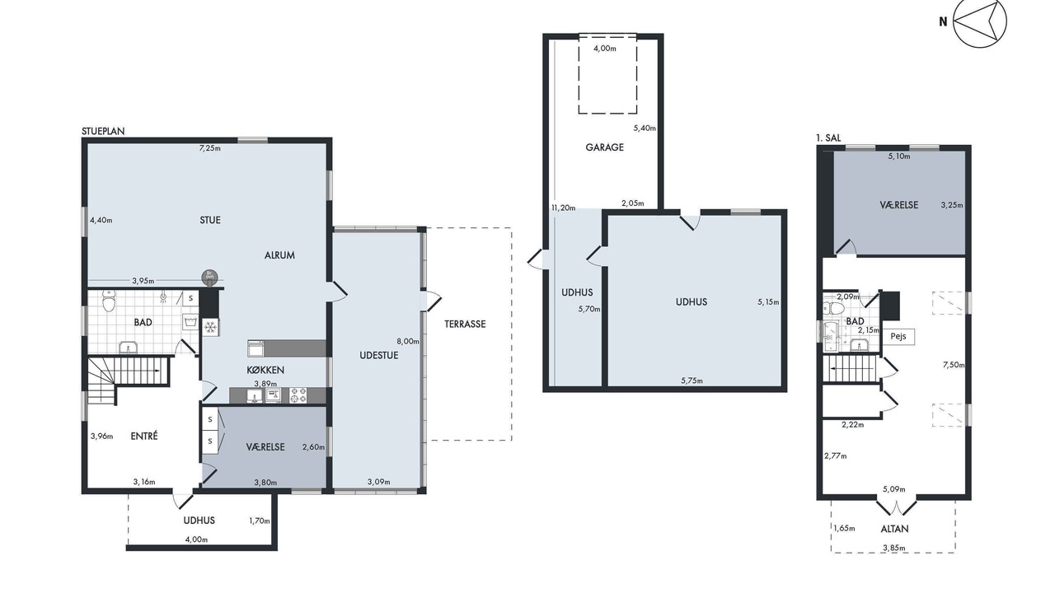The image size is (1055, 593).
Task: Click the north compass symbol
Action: (980, 21)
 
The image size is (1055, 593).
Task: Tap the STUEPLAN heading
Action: (103, 131)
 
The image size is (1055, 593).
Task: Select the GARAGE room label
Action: (604, 147)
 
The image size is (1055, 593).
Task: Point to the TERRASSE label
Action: (465, 324)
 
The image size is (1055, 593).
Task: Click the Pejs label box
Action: (898, 337)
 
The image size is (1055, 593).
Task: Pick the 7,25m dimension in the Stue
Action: (210, 148)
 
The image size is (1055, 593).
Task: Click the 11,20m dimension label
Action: (563, 208)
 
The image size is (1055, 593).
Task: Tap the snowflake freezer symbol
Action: (210, 327)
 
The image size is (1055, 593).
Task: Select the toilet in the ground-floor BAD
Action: (110, 301)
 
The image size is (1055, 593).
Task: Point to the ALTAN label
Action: (894, 529)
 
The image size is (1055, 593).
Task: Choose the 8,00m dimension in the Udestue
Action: (408, 341)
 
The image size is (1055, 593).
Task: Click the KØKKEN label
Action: (265, 371)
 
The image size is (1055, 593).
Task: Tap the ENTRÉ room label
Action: (144, 437)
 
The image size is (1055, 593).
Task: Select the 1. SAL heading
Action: (828, 138)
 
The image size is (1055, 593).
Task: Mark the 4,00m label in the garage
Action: (605, 48)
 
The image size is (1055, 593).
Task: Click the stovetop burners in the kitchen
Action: (298, 395)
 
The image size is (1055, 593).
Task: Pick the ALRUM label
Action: (279, 255)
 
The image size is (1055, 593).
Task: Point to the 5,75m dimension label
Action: (692, 381)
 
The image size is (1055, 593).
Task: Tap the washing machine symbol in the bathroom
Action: (190, 321)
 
